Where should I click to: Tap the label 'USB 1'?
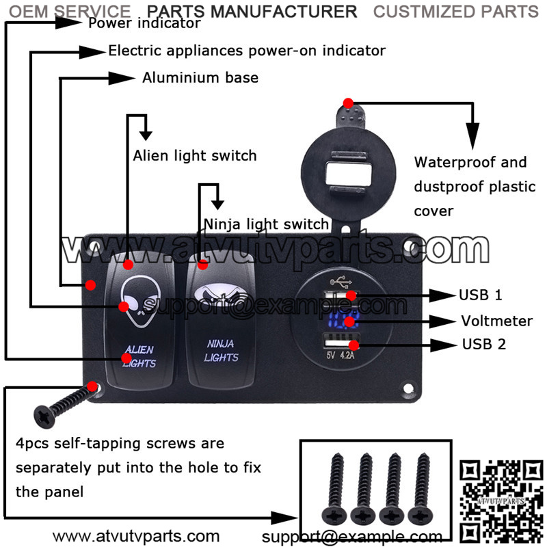click(480, 295)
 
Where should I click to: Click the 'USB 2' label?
click(483, 344)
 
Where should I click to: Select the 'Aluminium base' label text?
click(200, 77)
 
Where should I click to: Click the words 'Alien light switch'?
click(195, 155)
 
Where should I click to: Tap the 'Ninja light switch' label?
click(266, 224)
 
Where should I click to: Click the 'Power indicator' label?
click(144, 23)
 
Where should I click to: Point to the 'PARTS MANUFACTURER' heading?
click(252, 11)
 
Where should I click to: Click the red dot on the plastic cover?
click(348, 103)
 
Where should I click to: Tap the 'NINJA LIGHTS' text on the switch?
click(222, 351)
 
